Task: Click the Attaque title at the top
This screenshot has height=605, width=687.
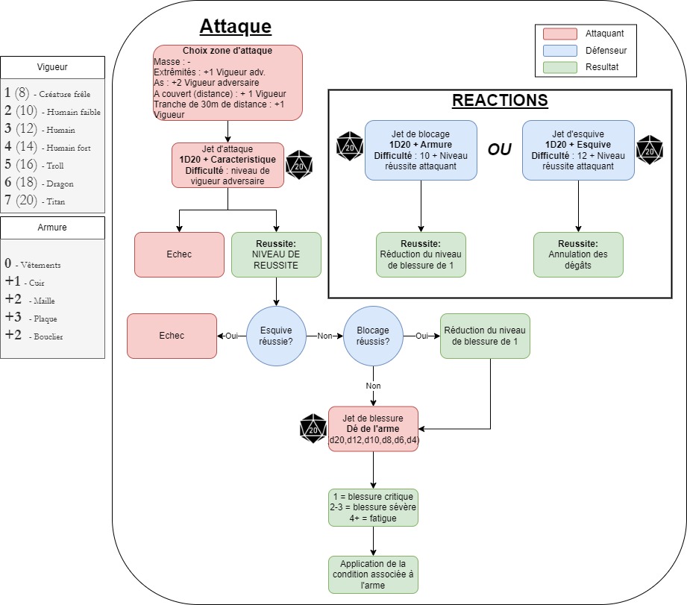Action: click(x=235, y=28)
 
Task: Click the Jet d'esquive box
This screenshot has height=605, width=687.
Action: click(x=578, y=150)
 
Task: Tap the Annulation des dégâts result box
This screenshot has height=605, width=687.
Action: click(x=578, y=254)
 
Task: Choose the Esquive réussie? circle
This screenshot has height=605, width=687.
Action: click(x=276, y=336)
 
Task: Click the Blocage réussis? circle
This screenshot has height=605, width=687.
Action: click(x=373, y=336)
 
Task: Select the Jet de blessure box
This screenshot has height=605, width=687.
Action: click(x=373, y=430)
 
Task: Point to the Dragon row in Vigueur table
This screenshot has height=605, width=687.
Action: click(x=52, y=183)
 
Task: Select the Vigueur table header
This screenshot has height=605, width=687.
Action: click(x=52, y=66)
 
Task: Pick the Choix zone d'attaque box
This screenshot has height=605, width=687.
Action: click(x=228, y=82)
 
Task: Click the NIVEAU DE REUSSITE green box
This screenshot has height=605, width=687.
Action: click(x=276, y=254)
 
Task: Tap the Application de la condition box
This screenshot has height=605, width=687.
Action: click(x=373, y=574)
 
